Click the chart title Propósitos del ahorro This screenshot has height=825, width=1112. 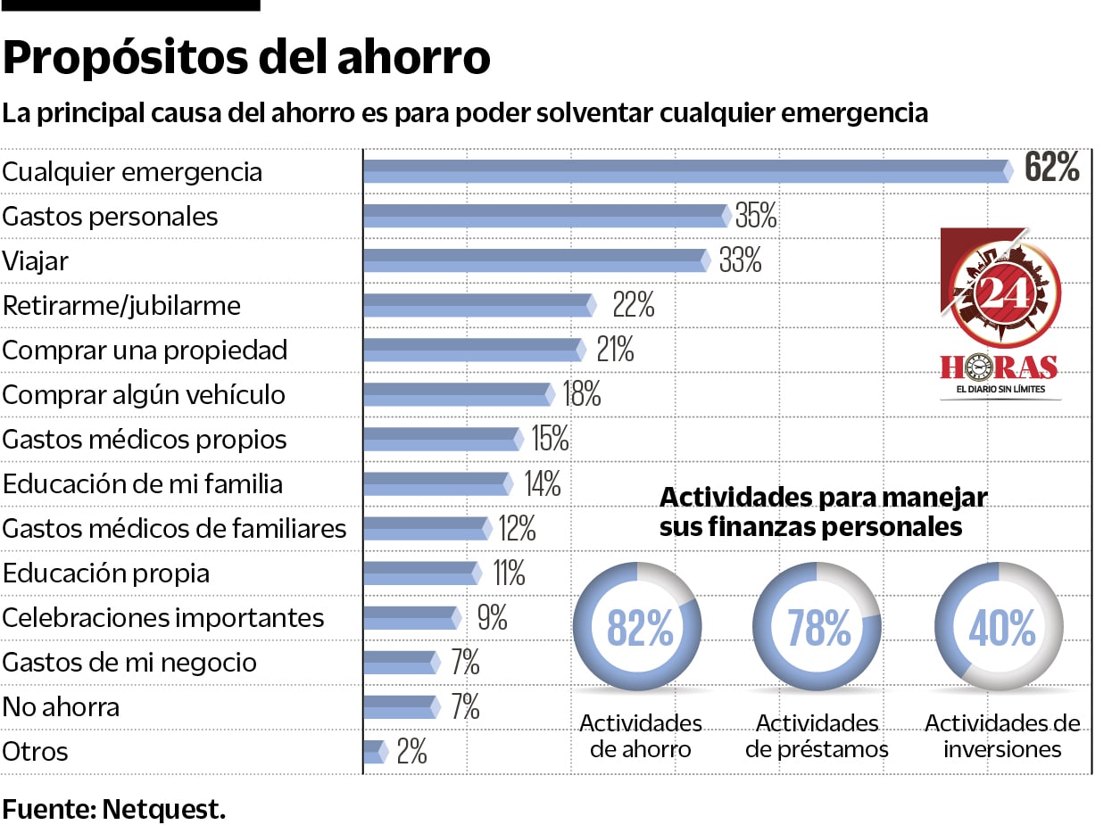click(x=246, y=58)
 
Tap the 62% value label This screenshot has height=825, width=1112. click(x=1051, y=168)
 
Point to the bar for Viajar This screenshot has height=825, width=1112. click(x=535, y=260)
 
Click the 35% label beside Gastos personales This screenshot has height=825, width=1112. click(x=756, y=216)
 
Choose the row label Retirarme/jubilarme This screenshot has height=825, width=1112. click(x=121, y=306)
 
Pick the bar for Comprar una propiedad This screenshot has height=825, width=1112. click(x=473, y=350)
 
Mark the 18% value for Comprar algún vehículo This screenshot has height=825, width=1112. click(x=582, y=394)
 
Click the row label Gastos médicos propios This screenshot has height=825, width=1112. click(x=145, y=440)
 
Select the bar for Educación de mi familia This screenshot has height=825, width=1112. click(x=437, y=483)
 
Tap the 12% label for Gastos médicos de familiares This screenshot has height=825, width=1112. click(x=517, y=528)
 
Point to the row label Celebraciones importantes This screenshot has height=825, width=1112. click(x=163, y=618)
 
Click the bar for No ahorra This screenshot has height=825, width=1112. click(x=401, y=706)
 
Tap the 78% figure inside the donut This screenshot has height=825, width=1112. click(x=818, y=628)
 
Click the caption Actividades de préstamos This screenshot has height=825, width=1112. click(x=817, y=736)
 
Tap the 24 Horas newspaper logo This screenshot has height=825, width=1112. click(x=1000, y=312)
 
